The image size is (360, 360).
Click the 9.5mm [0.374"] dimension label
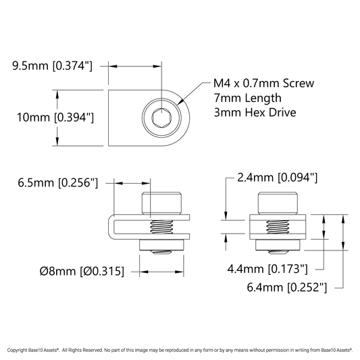(x=52, y=66)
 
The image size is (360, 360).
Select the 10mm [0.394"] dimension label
(x=55, y=118)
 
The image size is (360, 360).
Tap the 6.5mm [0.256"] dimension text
(x=58, y=183)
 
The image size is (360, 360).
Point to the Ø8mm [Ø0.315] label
(x=82, y=271)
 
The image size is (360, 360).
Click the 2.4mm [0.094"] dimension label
(x=278, y=178)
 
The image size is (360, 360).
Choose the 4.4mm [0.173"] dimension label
(x=267, y=269)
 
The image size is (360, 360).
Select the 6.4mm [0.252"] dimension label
(x=287, y=287)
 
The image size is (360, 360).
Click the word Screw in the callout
(x=299, y=83)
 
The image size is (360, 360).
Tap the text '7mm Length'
(x=247, y=98)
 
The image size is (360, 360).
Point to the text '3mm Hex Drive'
(x=255, y=113)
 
